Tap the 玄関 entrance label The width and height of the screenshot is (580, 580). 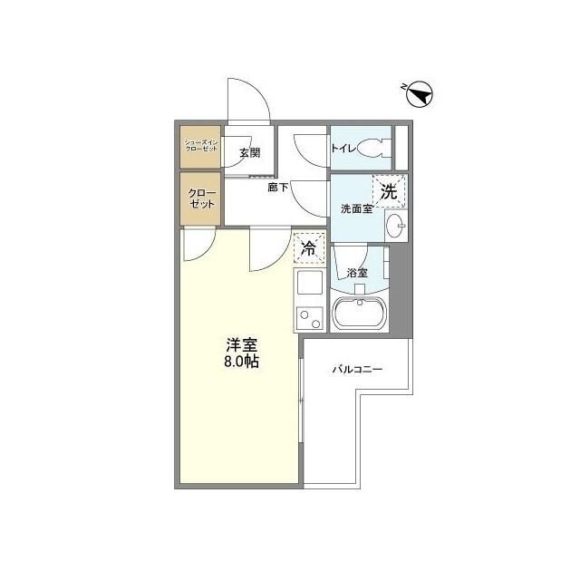[250, 152]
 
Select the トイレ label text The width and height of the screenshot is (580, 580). [343, 147]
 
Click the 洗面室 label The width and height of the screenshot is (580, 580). [356, 208]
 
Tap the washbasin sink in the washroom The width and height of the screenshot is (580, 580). [395, 225]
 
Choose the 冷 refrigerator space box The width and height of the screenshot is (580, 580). [309, 247]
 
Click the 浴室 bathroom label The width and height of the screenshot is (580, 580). [356, 273]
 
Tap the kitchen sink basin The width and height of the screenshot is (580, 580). [310, 285]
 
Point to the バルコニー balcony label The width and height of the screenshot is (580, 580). [357, 370]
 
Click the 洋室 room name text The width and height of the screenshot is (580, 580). [242, 345]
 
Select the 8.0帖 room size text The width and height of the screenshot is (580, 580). [242, 362]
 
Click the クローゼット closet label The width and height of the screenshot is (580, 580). [201, 198]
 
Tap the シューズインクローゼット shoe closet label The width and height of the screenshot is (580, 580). [201, 145]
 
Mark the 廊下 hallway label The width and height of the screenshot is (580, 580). [278, 188]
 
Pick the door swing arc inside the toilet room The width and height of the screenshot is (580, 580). [308, 145]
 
